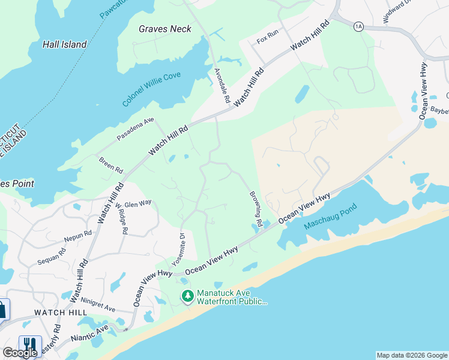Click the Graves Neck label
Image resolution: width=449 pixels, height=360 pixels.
click(x=164, y=29)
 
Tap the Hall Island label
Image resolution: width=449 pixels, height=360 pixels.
click(x=64, y=44)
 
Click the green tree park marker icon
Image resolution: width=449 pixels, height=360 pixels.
click(x=188, y=296)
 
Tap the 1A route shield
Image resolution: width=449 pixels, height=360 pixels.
click(x=359, y=26)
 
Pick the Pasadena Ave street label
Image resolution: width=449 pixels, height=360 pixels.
click(x=135, y=128)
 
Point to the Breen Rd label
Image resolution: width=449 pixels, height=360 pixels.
click(x=110, y=163)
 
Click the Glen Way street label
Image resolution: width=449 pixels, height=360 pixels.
click(x=137, y=203)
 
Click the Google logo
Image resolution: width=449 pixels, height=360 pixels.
click(x=20, y=353)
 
